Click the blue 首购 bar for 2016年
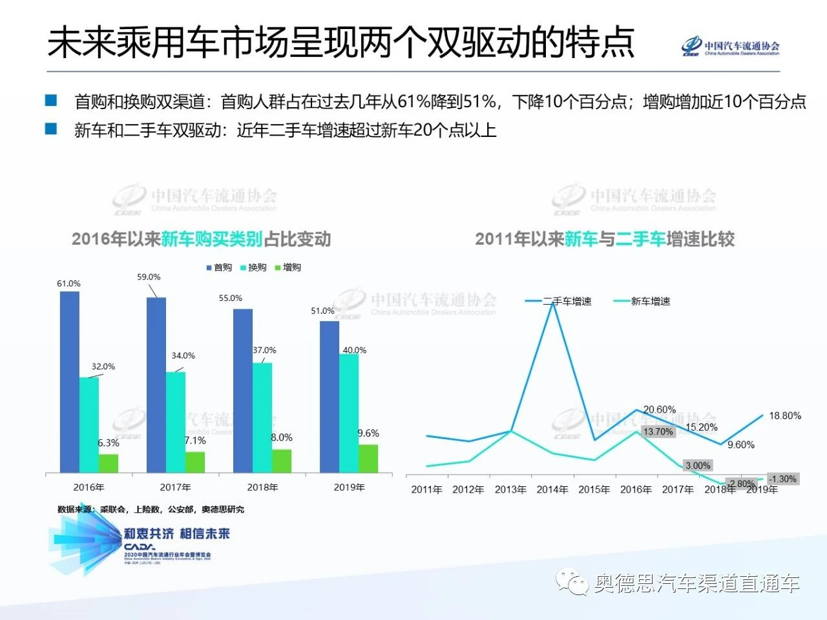[x=70, y=381]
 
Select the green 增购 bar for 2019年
[x=368, y=459]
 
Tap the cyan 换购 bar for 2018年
[x=262, y=417]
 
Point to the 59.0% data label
[x=149, y=277]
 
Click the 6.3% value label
[x=109, y=443]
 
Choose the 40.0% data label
[x=354, y=350]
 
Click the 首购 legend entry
[x=219, y=267]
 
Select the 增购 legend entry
[x=288, y=267]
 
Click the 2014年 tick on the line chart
[x=552, y=490]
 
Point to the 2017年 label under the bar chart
[x=176, y=487]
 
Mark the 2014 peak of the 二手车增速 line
[x=553, y=302]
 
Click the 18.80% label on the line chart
[x=785, y=416]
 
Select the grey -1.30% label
[x=782, y=479]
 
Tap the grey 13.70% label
[x=658, y=432]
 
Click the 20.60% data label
[x=660, y=409]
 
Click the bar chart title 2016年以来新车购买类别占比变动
[x=201, y=239]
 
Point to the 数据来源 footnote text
[x=151, y=510]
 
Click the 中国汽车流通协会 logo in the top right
[x=731, y=47]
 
